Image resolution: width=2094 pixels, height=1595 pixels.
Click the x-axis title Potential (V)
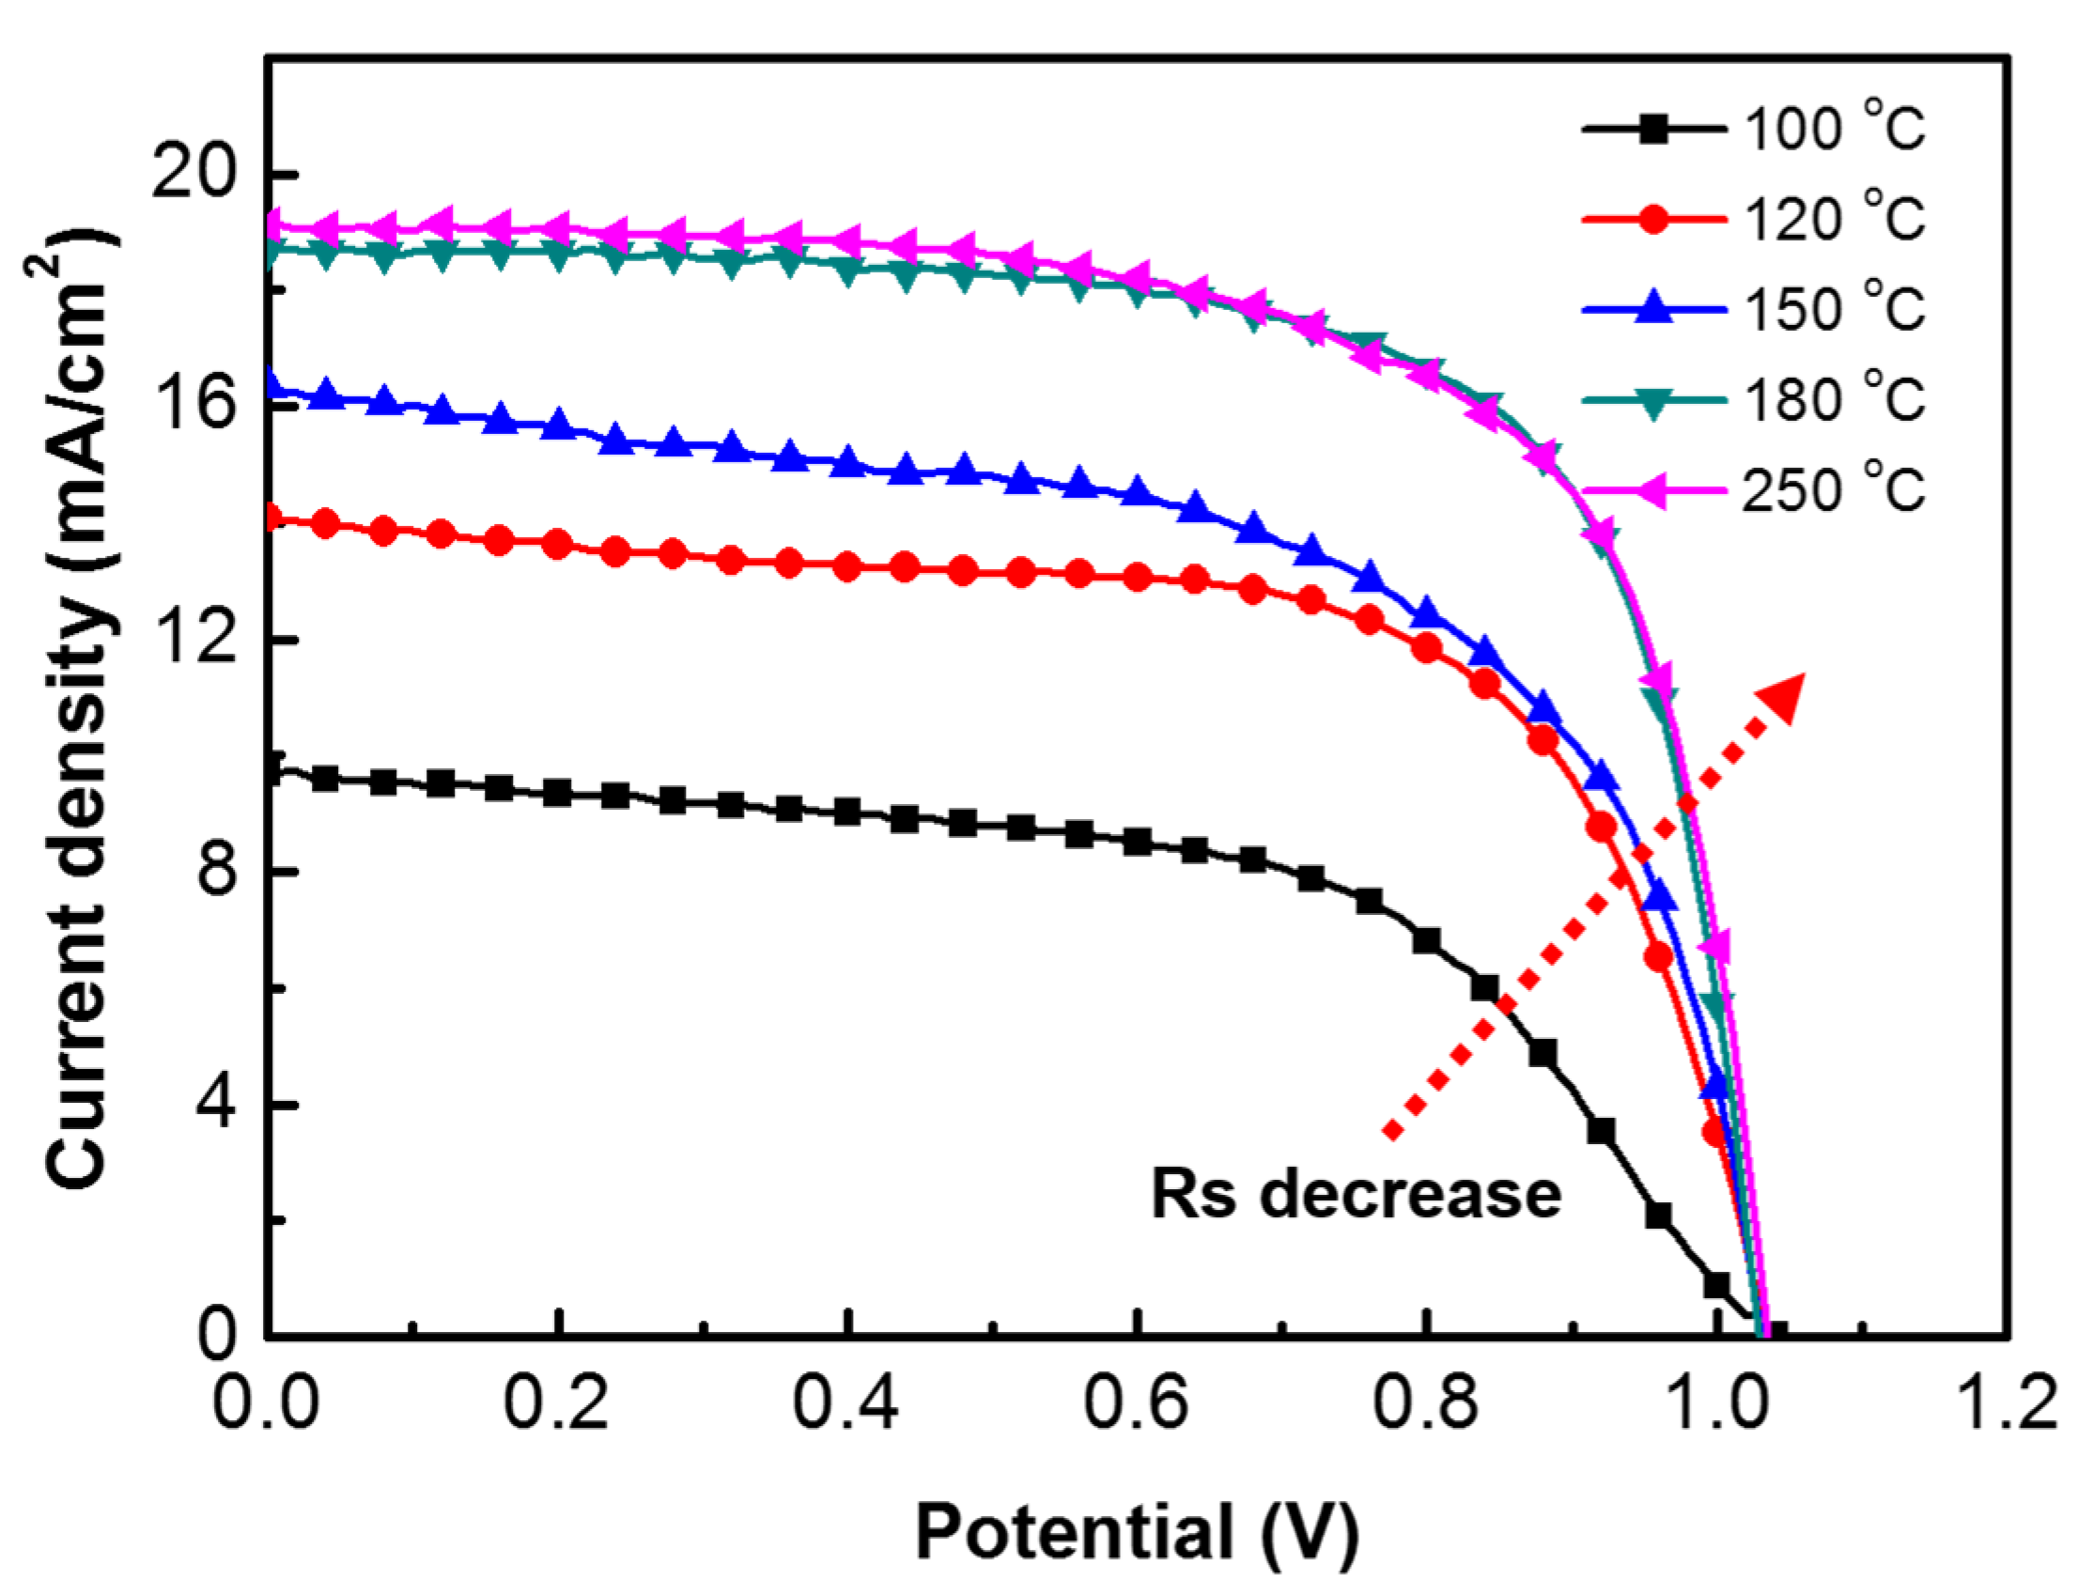click(x=1136, y=1531)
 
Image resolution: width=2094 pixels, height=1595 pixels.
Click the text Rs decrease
click(x=1357, y=1193)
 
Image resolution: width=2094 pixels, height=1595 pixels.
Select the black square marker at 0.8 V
click(x=1426, y=941)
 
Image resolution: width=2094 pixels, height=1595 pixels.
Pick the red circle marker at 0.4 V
click(x=847, y=567)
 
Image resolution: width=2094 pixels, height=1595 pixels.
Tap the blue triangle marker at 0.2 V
click(x=559, y=426)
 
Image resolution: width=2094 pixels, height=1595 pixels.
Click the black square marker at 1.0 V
click(x=1716, y=1284)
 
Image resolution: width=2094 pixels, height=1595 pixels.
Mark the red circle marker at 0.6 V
click(x=1137, y=577)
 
